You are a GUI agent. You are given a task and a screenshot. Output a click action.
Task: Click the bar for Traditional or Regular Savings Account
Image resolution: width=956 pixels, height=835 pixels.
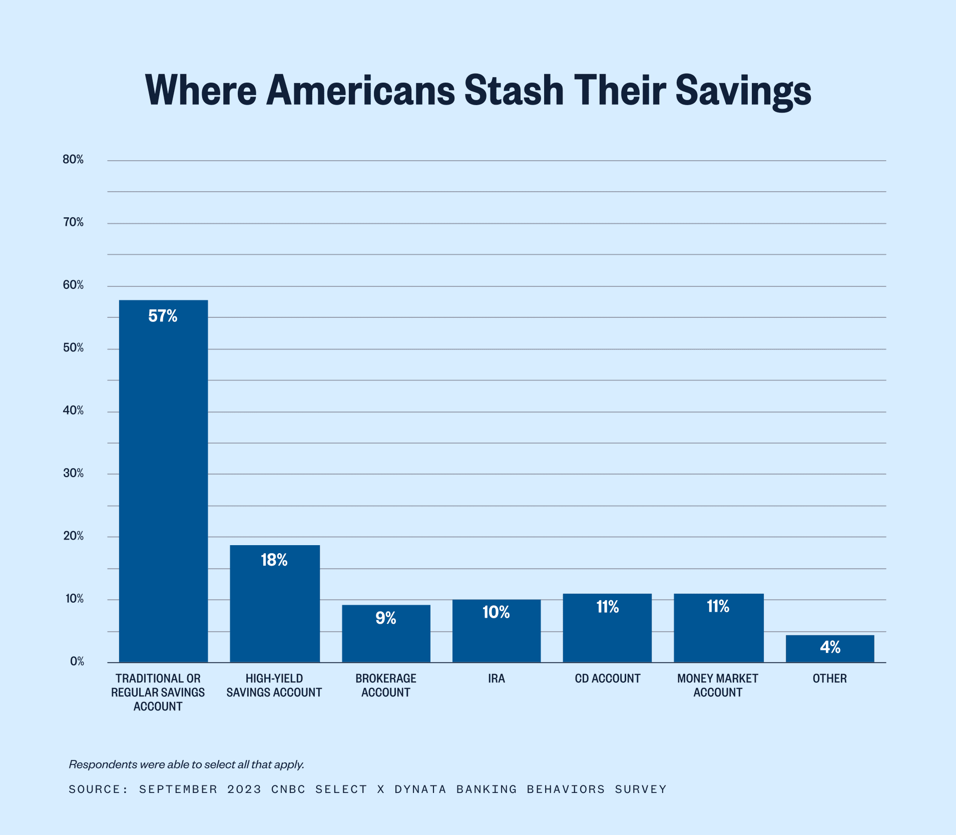click(x=163, y=481)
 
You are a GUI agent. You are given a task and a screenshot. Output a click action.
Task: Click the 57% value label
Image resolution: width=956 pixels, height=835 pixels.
click(x=163, y=316)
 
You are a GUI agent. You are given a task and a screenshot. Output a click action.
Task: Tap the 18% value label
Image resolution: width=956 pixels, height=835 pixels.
click(x=274, y=560)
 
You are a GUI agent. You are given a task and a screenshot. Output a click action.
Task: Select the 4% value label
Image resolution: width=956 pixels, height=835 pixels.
click(x=830, y=647)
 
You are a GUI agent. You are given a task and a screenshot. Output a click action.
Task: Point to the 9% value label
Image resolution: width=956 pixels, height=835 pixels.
click(x=386, y=618)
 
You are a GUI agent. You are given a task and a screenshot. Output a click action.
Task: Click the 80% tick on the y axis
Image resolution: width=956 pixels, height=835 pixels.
click(x=73, y=160)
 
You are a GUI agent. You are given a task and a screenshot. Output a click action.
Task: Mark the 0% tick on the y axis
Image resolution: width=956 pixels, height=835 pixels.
click(x=77, y=662)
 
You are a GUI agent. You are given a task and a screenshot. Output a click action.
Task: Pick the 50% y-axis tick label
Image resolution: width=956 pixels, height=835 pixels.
click(x=73, y=348)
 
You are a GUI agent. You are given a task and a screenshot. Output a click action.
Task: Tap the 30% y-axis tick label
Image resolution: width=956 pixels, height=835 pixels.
click(x=73, y=474)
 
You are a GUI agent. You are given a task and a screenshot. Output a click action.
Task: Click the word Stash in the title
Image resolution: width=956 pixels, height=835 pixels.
click(x=514, y=91)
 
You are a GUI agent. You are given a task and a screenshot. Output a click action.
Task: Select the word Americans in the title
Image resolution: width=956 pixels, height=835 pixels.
click(x=360, y=91)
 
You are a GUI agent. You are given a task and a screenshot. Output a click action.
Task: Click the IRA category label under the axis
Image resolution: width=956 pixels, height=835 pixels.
click(x=497, y=679)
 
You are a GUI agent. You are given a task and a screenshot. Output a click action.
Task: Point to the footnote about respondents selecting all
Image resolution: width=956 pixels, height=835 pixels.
click(x=186, y=764)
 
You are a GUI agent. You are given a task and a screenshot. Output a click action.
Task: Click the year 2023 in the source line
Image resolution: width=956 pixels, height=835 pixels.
click(x=244, y=789)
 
